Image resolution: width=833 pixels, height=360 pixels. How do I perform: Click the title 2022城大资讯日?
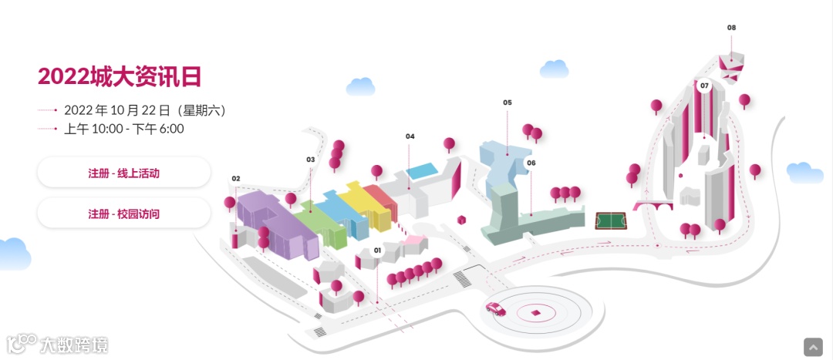pos(120,76)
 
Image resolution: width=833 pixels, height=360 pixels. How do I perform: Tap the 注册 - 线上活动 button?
pos(123,173)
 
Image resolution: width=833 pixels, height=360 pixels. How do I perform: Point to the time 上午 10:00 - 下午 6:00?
pos(123,129)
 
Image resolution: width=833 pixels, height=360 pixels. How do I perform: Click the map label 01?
pos(378,251)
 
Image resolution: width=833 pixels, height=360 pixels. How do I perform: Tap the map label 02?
pos(236,179)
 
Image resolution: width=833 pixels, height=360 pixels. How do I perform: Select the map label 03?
pos(311,160)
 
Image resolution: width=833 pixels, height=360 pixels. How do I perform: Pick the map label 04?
pos(410,136)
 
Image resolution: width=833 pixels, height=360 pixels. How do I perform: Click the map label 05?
pos(508,103)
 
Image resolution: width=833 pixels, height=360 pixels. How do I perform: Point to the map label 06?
pos(531,163)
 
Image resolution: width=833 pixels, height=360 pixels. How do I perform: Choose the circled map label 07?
pos(703,86)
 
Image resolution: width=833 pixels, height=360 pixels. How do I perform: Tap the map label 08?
pos(731,28)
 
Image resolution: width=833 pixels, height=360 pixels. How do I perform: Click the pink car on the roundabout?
pos(495,309)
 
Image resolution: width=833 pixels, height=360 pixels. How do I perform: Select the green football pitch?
pos(612,221)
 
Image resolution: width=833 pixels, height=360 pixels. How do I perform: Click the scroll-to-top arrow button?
pos(813,347)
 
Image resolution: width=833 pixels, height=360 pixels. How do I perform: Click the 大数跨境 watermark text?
pos(75,345)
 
